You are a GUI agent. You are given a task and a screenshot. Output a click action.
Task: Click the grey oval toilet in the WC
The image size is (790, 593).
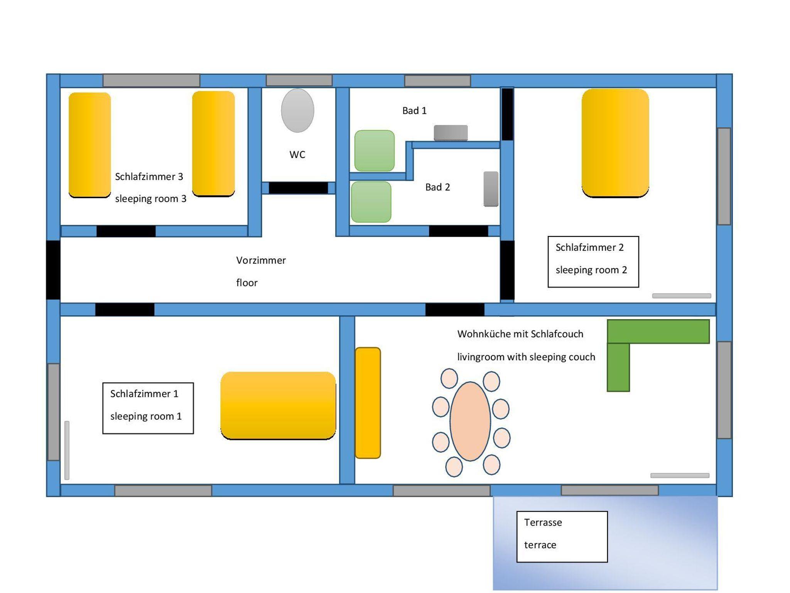point(297,111)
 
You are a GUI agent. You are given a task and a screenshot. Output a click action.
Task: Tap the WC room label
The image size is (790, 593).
point(297,155)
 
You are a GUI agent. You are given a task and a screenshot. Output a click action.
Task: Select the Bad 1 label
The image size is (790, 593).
point(414,111)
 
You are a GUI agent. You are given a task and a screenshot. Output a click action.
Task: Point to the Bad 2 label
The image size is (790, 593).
point(437,187)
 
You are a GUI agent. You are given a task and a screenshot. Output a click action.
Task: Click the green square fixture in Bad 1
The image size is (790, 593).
point(374,151)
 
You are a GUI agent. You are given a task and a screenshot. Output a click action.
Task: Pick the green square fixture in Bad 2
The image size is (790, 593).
point(371,202)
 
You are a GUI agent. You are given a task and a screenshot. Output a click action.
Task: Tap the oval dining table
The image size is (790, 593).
point(470,421)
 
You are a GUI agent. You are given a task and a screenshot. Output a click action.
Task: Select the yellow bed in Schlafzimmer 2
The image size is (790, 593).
point(615,143)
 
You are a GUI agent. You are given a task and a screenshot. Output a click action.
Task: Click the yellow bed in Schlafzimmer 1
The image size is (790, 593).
point(278,405)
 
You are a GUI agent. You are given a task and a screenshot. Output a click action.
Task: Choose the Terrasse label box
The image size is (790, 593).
point(562,536)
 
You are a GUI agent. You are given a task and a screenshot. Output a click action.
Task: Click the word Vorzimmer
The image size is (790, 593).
point(261,260)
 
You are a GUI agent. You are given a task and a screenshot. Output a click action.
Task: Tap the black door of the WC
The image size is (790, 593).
point(298,188)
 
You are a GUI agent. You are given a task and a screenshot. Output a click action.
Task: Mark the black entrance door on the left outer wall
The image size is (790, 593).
point(53,270)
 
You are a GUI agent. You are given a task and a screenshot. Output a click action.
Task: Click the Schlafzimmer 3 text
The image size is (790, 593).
point(149,177)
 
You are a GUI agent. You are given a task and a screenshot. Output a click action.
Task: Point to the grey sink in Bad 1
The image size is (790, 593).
point(451,133)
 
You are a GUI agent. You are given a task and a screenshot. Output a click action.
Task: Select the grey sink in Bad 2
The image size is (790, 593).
point(491,189)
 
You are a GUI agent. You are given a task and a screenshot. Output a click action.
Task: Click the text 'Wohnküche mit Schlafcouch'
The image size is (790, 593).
point(520,334)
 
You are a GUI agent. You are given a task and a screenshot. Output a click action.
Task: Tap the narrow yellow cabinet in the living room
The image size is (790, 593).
point(368,403)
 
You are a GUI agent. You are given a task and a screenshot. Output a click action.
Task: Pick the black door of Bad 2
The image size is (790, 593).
point(458,231)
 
